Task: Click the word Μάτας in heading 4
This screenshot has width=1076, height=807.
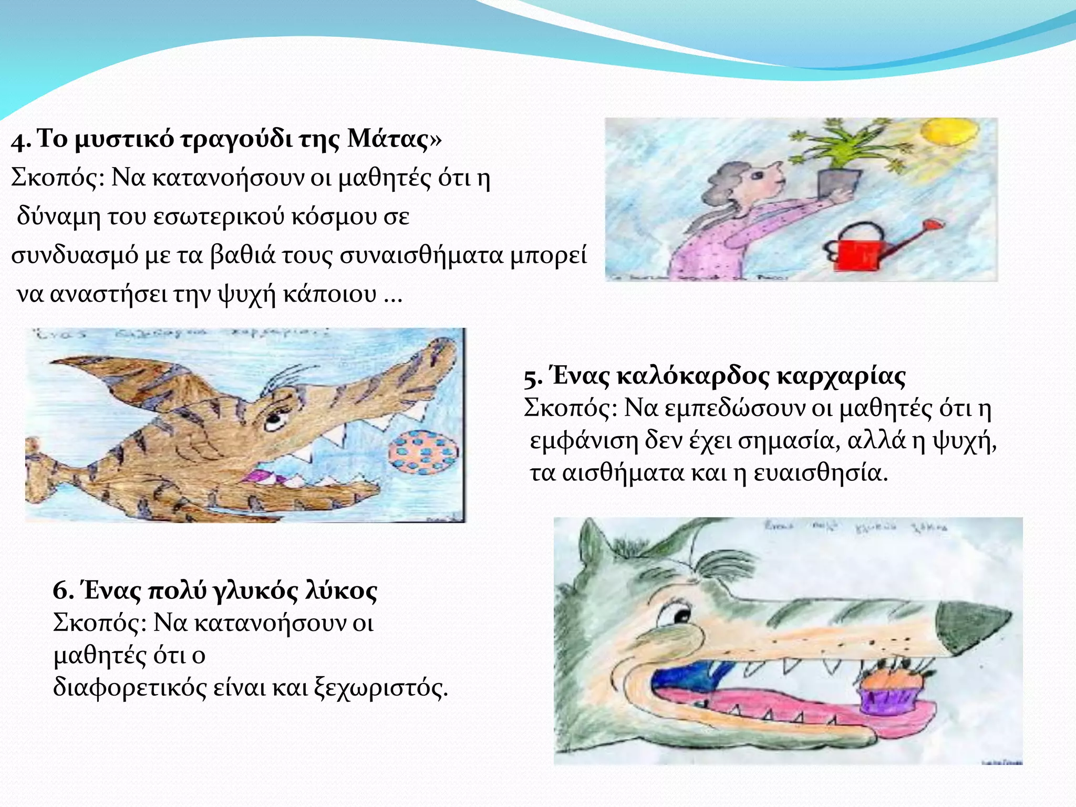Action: pyautogui.click(x=388, y=140)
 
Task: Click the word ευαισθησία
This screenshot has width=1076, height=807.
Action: pyautogui.click(x=820, y=473)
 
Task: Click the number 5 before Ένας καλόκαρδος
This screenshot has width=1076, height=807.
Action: pyautogui.click(x=532, y=377)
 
